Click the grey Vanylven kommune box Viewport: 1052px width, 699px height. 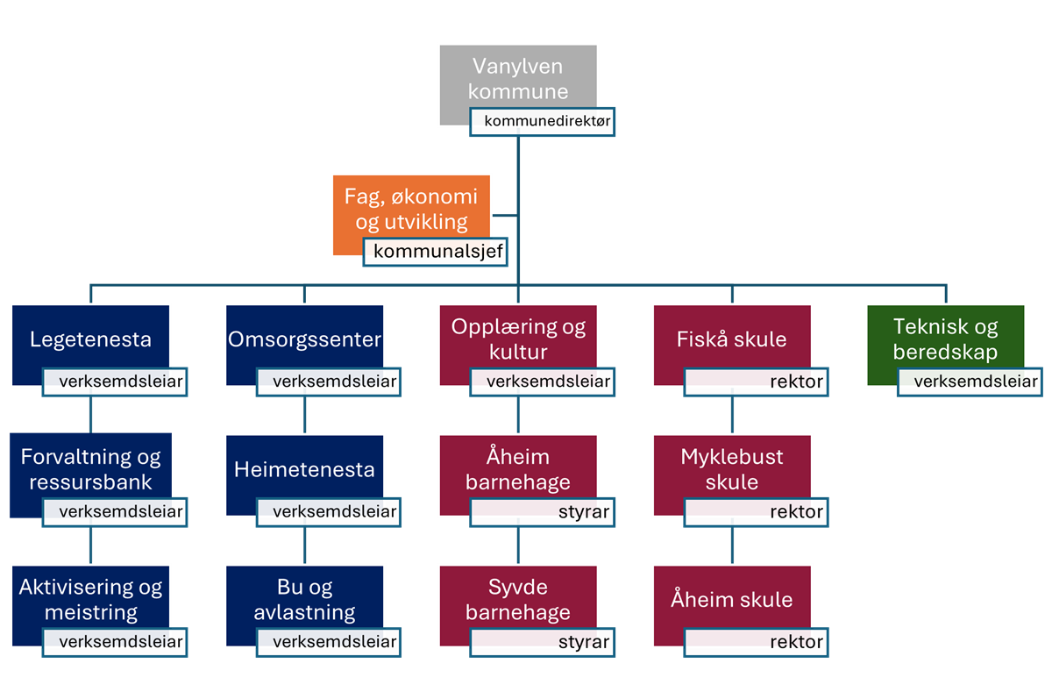pyautogui.click(x=518, y=77)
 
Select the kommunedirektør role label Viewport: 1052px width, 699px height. pyautogui.click(x=543, y=122)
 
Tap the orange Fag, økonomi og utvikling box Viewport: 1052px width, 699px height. pyautogui.click(x=411, y=209)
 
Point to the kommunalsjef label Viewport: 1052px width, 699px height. pyautogui.click(x=436, y=252)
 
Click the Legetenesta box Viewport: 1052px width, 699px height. pyautogui.click(x=90, y=339)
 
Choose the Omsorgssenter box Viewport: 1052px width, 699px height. pyautogui.click(x=305, y=339)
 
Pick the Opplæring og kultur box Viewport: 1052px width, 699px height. pyautogui.click(x=518, y=339)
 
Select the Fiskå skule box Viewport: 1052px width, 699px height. pyautogui.click(x=732, y=339)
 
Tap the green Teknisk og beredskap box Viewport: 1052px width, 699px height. pyautogui.click(x=946, y=339)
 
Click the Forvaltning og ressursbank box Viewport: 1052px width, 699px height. pyautogui.click(x=90, y=470)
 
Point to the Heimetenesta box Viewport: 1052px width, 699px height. pyautogui.click(x=305, y=470)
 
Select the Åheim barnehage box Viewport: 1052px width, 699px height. pyautogui.click(x=518, y=470)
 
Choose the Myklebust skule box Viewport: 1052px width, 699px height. pyautogui.click(x=732, y=470)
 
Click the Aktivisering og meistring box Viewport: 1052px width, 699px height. pyautogui.click(x=90, y=600)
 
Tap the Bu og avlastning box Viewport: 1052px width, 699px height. pyautogui.click(x=305, y=600)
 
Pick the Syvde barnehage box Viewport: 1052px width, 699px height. pyautogui.click(x=518, y=600)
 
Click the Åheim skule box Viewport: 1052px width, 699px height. pyautogui.click(x=732, y=600)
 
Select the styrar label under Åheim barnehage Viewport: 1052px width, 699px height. pyautogui.click(x=543, y=512)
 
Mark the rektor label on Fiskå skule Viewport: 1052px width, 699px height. pyautogui.click(x=756, y=382)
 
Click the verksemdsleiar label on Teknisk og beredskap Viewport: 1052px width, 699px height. pyautogui.click(x=970, y=382)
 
